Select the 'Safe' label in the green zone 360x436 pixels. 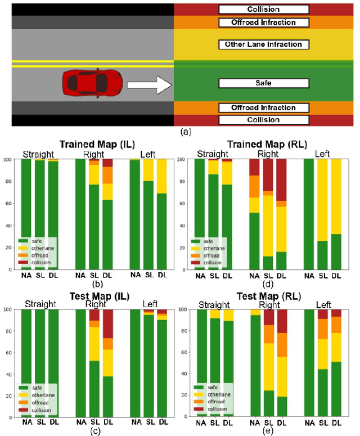(263, 83)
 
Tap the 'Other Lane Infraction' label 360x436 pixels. (263, 44)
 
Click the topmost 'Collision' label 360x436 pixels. (263, 10)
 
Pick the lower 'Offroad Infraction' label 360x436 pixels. (263, 107)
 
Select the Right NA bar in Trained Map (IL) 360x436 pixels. (81, 214)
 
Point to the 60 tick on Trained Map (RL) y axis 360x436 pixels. (182, 203)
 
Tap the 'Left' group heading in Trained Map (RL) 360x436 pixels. (323, 154)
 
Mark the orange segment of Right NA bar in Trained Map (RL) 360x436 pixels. (254, 186)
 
